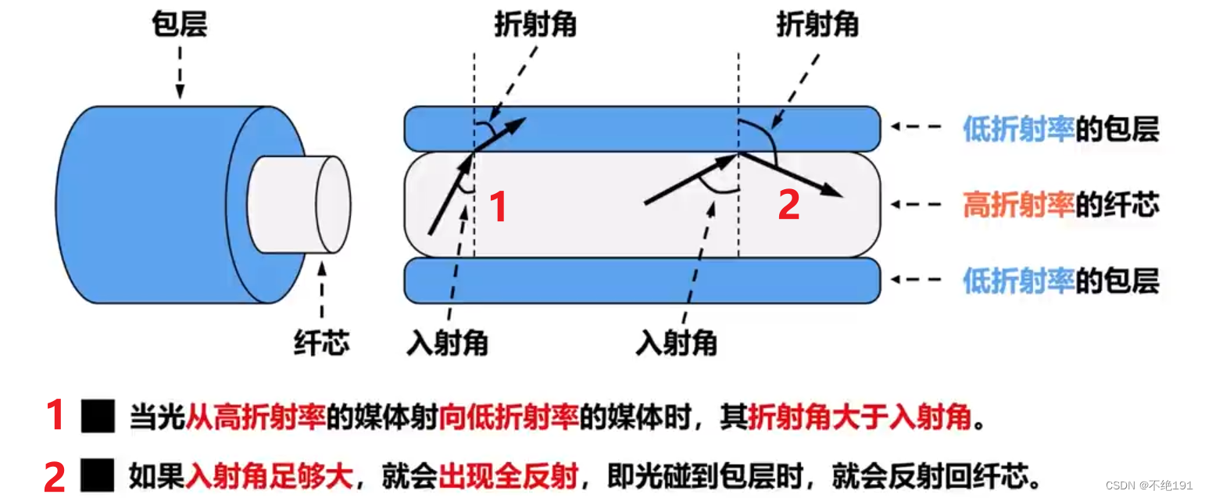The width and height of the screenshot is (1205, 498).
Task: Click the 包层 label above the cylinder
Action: (179, 26)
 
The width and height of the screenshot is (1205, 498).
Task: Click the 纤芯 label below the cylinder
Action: (321, 342)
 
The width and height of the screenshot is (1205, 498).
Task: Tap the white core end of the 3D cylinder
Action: (332, 204)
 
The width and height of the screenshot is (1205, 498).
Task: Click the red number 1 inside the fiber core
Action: (498, 206)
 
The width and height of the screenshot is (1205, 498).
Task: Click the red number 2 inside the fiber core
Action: (788, 205)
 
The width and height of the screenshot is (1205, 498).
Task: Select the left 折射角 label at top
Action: (535, 26)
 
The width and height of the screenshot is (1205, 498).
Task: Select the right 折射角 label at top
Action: (817, 26)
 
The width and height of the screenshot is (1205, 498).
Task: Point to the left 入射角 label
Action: (447, 342)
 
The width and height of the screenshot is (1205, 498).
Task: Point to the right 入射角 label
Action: (677, 342)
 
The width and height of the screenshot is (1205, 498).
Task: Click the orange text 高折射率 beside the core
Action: (1018, 205)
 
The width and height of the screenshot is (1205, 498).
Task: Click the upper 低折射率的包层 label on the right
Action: (1060, 130)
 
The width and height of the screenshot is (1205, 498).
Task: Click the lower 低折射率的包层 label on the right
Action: (1060, 281)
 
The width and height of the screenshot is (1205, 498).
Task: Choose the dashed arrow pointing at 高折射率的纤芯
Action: (919, 205)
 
